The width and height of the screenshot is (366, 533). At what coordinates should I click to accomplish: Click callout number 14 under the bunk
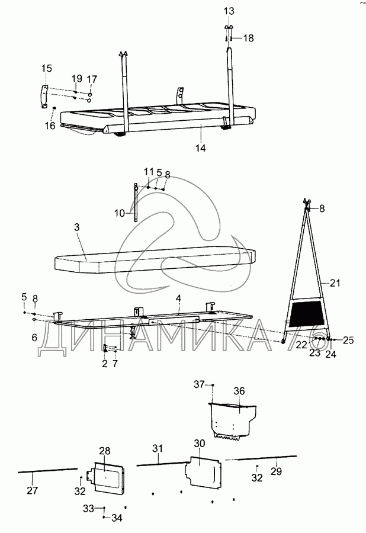point(201,148)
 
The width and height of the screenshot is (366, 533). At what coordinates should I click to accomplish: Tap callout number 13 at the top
point(229,11)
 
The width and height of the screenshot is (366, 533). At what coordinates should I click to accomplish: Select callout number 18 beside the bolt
point(248,38)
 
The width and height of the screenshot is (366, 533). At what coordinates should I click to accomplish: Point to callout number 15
point(46,69)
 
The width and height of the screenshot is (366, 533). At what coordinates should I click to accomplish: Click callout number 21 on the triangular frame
point(335,284)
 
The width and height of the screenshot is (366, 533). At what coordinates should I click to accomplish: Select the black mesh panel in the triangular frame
point(306,312)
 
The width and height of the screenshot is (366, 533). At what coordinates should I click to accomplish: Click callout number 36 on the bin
point(239,391)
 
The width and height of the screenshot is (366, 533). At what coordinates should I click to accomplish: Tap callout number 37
point(199,384)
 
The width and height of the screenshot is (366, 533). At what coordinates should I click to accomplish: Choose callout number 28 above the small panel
point(104,451)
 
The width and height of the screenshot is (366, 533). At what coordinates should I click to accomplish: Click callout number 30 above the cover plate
point(199,444)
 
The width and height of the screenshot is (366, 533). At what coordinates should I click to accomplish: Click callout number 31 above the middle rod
point(156,449)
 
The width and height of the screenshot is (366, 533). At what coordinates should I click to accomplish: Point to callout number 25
point(348,341)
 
